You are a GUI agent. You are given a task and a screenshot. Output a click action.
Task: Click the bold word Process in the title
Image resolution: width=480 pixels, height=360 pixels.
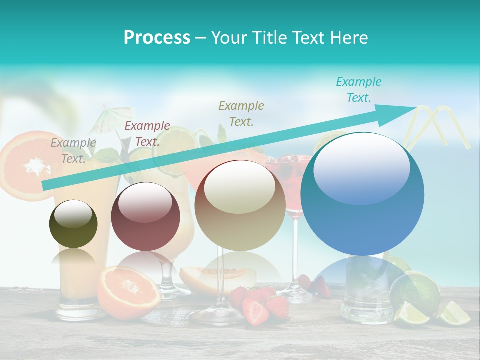click(157, 38)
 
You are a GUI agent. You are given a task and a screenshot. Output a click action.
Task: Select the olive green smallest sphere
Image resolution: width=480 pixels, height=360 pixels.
click(73, 224)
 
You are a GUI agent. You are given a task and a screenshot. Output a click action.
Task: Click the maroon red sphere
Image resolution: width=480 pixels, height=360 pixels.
click(145, 216)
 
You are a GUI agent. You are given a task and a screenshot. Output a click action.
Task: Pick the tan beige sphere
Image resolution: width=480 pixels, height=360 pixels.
click(240, 205)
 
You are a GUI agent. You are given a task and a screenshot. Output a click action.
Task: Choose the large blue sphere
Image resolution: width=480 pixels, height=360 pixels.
click(362, 194)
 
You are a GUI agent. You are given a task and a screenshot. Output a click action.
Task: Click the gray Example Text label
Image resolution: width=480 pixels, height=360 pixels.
click(73, 150)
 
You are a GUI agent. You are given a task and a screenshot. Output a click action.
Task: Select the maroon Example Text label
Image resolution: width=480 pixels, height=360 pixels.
click(147, 133)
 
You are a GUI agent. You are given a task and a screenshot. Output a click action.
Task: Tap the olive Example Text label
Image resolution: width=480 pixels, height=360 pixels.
click(241, 113)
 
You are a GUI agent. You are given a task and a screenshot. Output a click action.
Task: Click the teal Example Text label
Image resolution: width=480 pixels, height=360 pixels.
click(358, 89)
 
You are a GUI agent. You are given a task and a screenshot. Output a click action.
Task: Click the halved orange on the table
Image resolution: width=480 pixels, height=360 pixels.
click(129, 292)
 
